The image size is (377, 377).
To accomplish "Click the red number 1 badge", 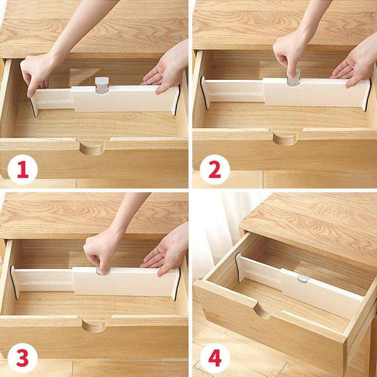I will (x=23, y=169).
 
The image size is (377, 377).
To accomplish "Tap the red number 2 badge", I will (x=215, y=169).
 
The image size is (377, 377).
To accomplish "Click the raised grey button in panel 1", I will (x=101, y=85).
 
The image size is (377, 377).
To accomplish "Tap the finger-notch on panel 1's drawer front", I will (x=92, y=148).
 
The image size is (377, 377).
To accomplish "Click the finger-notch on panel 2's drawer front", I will (x=285, y=138).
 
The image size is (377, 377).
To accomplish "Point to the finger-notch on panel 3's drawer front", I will (x=94, y=325).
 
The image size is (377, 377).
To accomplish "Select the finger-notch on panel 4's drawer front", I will (x=262, y=310).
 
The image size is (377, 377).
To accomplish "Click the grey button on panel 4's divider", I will (x=302, y=278).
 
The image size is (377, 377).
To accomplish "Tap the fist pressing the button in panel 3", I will (x=101, y=251).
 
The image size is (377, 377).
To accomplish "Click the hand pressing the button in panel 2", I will (x=290, y=57).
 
